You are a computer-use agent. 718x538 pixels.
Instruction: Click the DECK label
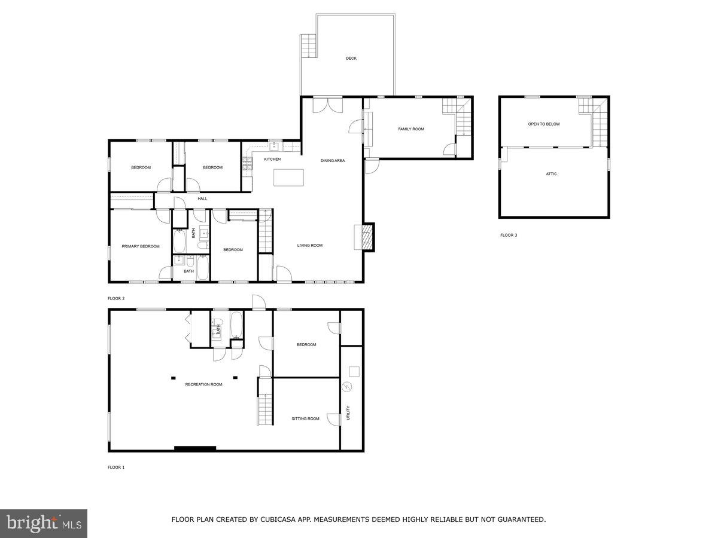[x=351, y=58]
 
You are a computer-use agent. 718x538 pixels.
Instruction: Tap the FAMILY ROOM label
[x=411, y=129]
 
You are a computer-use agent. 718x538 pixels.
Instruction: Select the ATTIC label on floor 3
[x=551, y=174]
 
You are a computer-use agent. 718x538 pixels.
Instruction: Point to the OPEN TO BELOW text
[x=544, y=124]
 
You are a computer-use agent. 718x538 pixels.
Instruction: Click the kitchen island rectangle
[x=289, y=178]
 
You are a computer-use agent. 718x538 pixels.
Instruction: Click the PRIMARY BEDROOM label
[x=141, y=246]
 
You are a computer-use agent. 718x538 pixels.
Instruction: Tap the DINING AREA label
[x=333, y=160]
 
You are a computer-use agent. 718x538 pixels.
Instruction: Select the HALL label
[x=202, y=198]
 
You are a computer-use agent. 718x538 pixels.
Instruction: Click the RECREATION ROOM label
[x=203, y=384]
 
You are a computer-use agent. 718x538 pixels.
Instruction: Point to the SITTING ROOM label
[x=305, y=418]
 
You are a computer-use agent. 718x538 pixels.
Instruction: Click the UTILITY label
[x=348, y=413]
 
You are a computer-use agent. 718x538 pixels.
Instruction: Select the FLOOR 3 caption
[x=509, y=235]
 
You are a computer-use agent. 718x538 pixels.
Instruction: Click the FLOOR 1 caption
[x=116, y=467]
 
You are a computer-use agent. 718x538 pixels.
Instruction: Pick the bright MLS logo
[x=44, y=523]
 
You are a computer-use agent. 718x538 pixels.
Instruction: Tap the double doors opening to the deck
[x=328, y=104]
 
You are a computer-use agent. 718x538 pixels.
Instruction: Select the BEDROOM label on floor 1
[x=306, y=344]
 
